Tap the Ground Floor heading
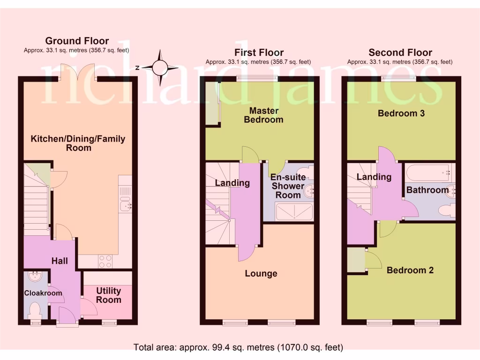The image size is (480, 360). click(x=77, y=41)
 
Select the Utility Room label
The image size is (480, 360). click(x=108, y=296)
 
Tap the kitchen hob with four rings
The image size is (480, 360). click(x=105, y=261)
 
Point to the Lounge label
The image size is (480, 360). click(x=261, y=274)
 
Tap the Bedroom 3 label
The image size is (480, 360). click(x=401, y=113)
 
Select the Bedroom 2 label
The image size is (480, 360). click(x=410, y=270)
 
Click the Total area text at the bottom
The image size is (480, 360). click(x=239, y=347)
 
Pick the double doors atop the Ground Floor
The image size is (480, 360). click(x=77, y=72)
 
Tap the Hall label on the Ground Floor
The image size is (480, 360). click(x=60, y=261)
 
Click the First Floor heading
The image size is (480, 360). click(x=259, y=52)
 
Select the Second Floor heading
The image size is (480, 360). click(x=400, y=52)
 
